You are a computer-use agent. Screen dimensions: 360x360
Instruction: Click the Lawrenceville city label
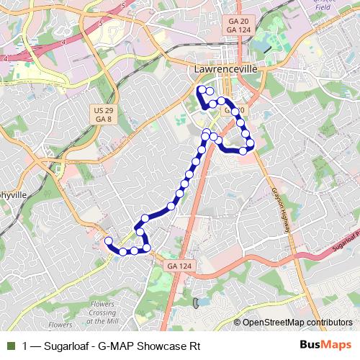(226, 68)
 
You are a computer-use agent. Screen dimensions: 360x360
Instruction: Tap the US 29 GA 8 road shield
(103, 114)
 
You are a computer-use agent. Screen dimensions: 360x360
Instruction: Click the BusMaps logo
(325, 345)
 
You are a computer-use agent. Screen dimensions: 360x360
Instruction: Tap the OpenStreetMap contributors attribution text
(297, 323)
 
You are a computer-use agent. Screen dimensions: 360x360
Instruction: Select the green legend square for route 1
(10, 346)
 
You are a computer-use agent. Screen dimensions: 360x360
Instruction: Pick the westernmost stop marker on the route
(109, 241)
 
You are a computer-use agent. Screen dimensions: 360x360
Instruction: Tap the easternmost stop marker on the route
(250, 143)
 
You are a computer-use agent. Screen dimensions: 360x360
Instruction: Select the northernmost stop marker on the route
(201, 89)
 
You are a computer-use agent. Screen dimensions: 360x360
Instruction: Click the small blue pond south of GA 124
(196, 303)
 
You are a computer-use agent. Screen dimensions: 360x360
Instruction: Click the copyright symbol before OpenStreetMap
(238, 323)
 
